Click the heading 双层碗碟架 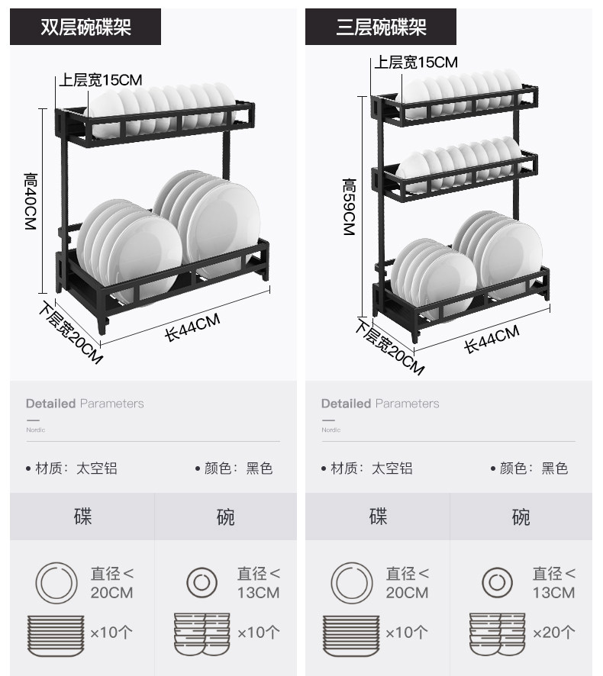click(85, 27)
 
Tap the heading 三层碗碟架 click(381, 27)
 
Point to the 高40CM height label click(31, 202)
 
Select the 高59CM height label click(349, 207)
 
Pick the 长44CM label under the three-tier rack click(492, 338)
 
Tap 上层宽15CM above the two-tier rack click(102, 79)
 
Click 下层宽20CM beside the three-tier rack click(389, 347)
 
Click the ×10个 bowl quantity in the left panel click(258, 632)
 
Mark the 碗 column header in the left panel click(226, 517)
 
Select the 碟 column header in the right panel click(378, 517)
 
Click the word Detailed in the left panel click(50, 404)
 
